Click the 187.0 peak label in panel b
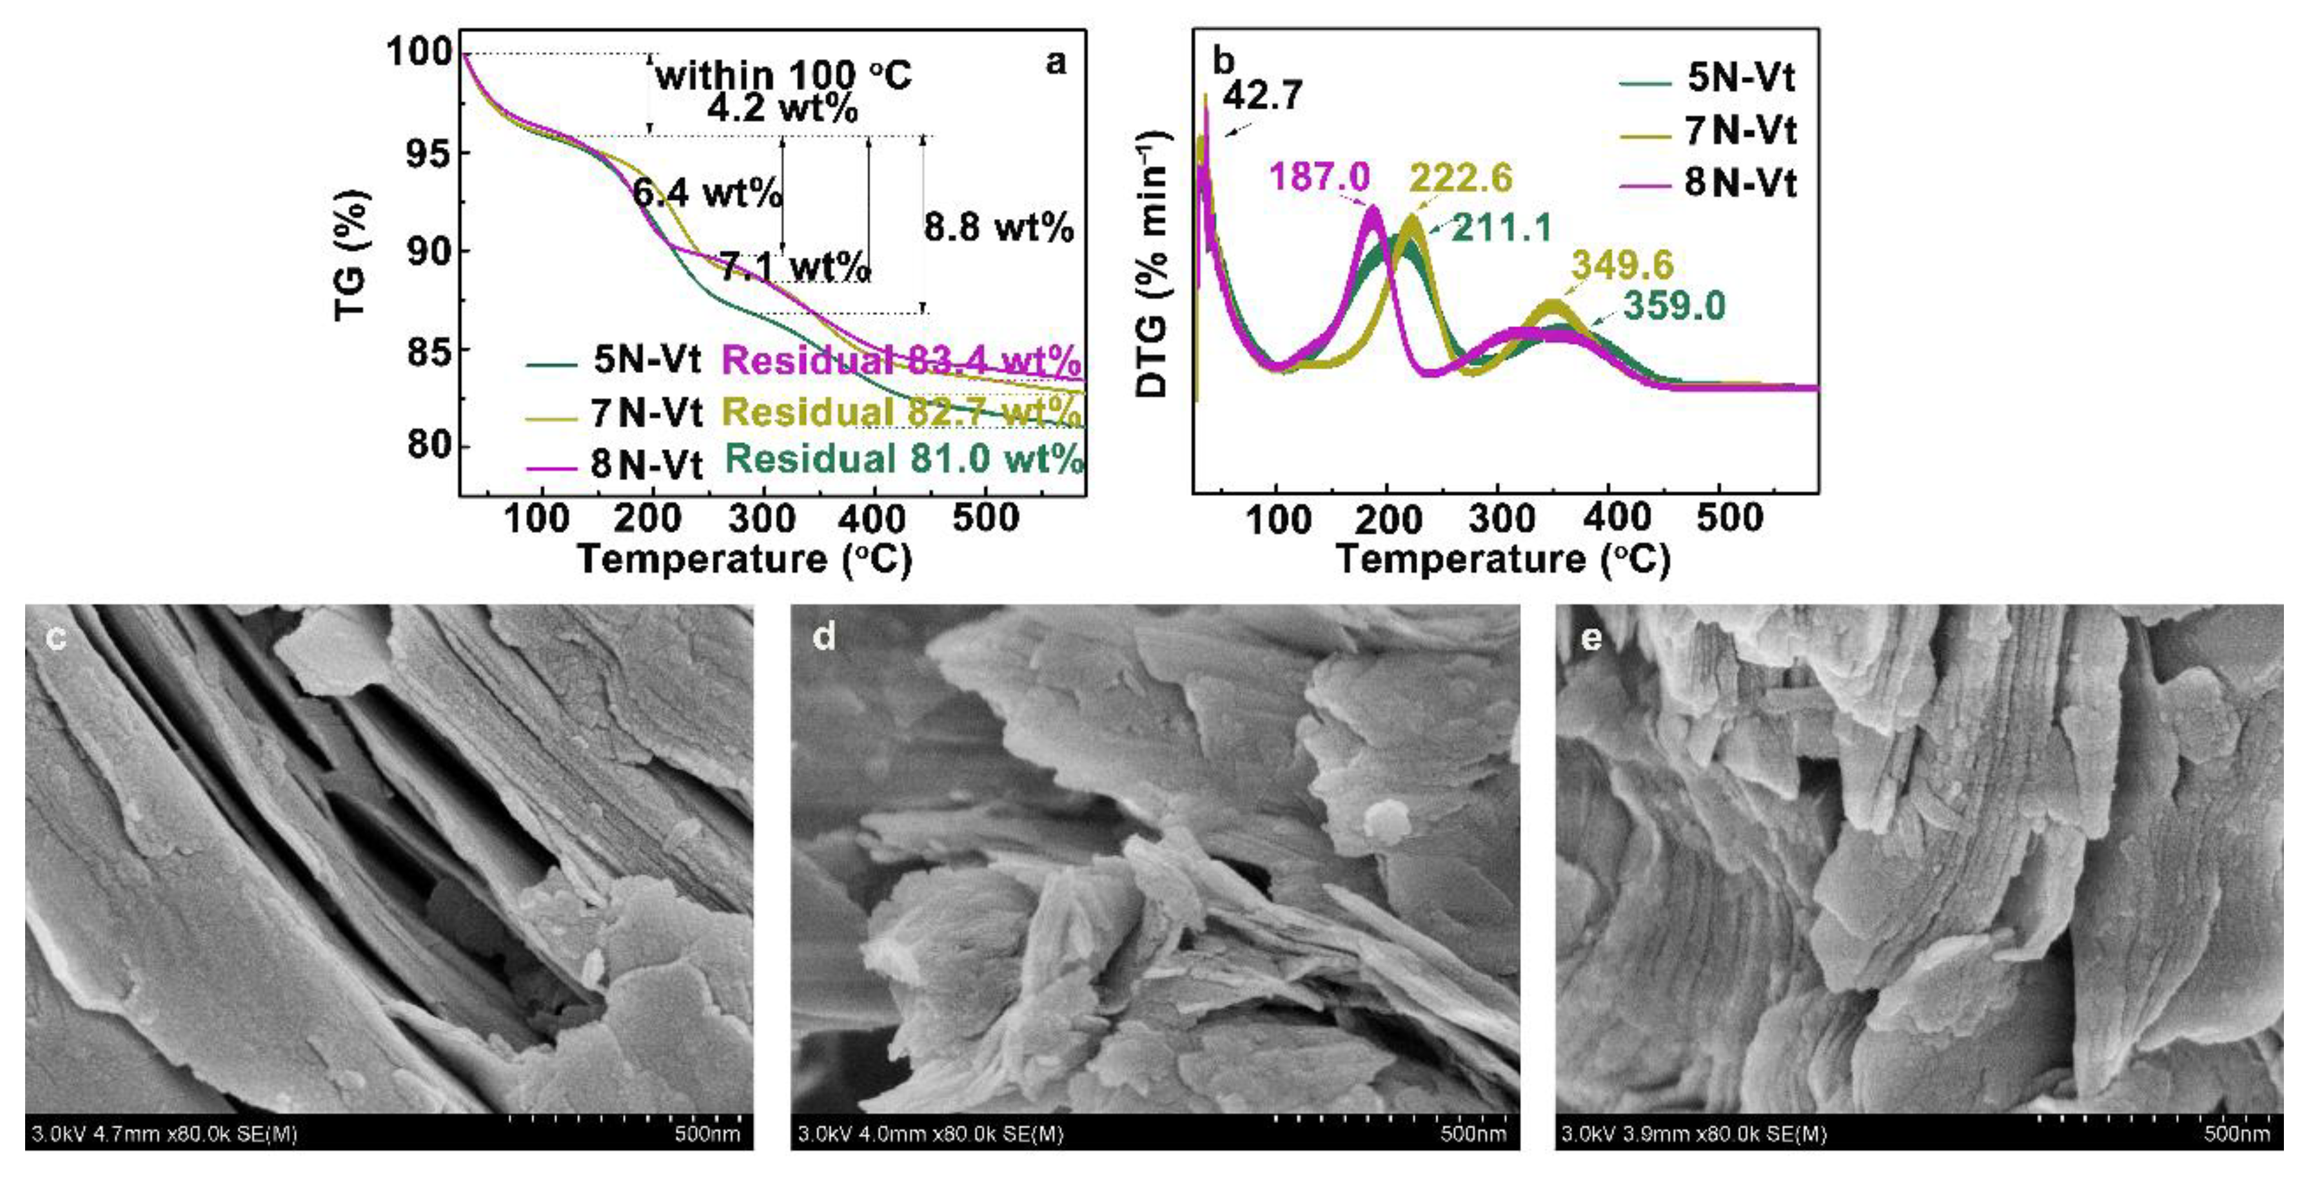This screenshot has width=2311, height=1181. [x=1319, y=177]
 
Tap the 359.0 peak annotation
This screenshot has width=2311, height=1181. [x=1674, y=306]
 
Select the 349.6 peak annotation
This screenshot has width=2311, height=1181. [x=1622, y=265]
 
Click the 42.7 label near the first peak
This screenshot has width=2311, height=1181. [x=1263, y=95]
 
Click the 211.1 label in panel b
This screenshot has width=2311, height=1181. [x=1502, y=228]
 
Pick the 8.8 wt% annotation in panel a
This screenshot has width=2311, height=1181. [x=999, y=228]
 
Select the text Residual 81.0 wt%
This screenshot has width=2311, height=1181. [x=903, y=459]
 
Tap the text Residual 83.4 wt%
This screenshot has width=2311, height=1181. [x=901, y=361]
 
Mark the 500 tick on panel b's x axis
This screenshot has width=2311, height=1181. [x=1729, y=518]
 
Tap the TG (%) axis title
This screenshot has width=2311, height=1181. [x=351, y=256]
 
